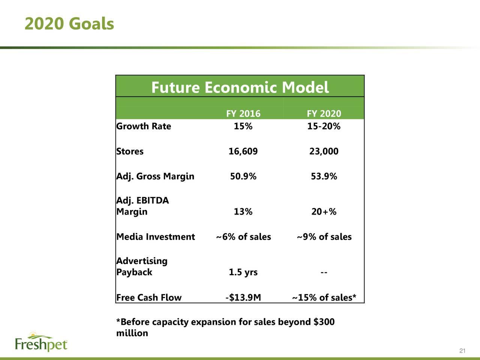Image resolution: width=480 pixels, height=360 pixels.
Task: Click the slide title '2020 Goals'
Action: (x=69, y=23)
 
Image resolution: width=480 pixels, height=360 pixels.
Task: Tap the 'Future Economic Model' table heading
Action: (x=240, y=87)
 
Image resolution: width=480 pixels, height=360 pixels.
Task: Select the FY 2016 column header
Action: (x=243, y=114)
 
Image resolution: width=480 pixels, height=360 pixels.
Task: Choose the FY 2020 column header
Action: (x=324, y=114)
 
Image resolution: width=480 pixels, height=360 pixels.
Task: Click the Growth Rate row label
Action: (x=144, y=126)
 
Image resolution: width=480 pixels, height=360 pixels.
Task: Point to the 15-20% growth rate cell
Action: (x=324, y=126)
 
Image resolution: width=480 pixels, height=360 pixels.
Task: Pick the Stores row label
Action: (x=130, y=151)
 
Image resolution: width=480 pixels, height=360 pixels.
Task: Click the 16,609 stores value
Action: (x=243, y=151)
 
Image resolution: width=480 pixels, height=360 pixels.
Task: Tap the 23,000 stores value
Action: (x=324, y=151)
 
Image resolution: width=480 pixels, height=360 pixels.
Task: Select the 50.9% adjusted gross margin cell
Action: (x=243, y=176)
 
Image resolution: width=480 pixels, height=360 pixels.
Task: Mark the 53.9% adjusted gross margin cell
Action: (x=324, y=176)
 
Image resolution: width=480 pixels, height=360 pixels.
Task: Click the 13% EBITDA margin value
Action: (x=243, y=211)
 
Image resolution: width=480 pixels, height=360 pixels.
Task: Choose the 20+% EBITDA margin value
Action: (x=324, y=211)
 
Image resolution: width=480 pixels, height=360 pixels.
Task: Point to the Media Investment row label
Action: (x=156, y=237)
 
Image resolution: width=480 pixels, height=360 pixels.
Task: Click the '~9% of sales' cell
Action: (x=324, y=237)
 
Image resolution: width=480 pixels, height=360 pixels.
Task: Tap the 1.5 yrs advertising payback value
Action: (x=243, y=272)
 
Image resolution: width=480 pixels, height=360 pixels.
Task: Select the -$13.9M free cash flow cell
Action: (x=243, y=297)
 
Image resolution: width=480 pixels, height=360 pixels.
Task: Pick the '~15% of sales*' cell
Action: (x=324, y=297)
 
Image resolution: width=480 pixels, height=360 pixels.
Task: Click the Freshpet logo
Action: (x=41, y=341)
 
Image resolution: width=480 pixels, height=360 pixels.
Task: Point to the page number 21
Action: (x=462, y=351)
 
